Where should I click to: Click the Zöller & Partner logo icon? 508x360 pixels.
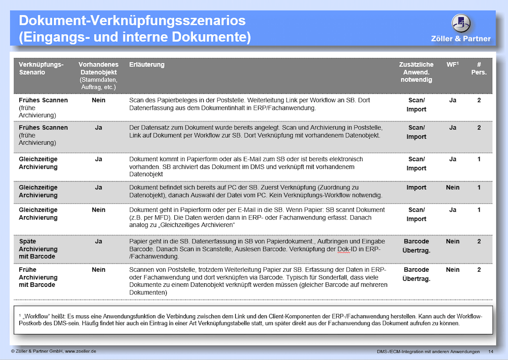pos(461,23)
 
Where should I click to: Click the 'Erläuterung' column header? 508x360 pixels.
pos(147,65)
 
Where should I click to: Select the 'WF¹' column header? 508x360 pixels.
pos(452,65)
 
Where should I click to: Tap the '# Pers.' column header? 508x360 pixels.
pos(479,69)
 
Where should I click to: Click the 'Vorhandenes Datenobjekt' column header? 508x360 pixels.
pos(99,76)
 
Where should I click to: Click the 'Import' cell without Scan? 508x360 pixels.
pos(417,187)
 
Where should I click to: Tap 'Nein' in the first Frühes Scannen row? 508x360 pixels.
pos(99,101)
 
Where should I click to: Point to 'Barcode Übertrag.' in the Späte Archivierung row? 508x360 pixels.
pos(417,245)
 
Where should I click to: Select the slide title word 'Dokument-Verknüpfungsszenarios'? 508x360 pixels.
pos(132,21)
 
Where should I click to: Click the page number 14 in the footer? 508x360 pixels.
pos(491,352)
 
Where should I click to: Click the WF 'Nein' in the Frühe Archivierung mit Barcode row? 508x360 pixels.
pos(452,270)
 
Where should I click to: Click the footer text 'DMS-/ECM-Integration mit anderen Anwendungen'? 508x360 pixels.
pos(428,352)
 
